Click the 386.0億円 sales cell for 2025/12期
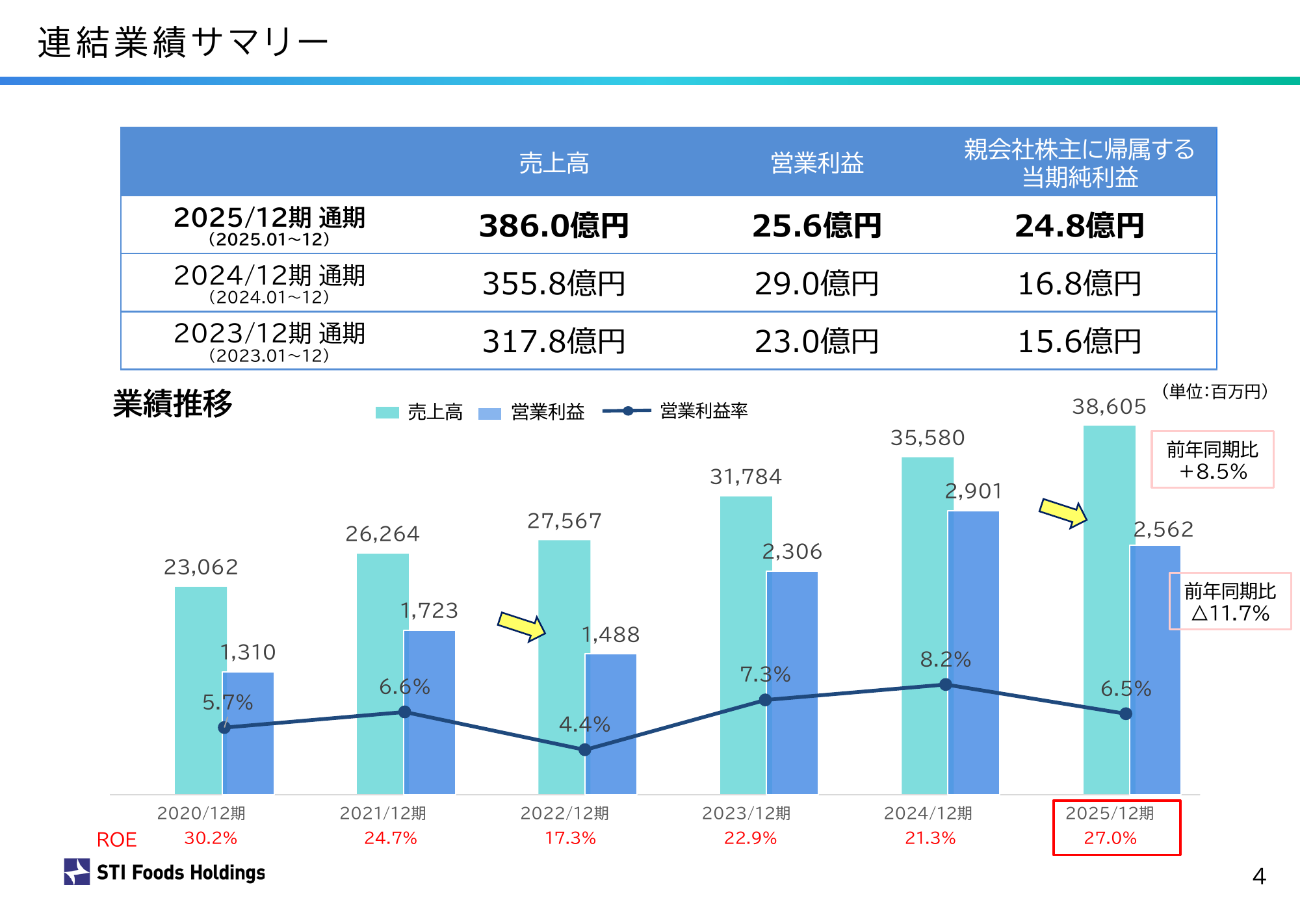pyautogui.click(x=554, y=225)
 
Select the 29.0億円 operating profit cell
pyautogui.click(x=816, y=283)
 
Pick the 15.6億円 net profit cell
pyautogui.click(x=1079, y=341)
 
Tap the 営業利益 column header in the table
pyautogui.click(x=817, y=162)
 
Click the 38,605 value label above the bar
pyautogui.click(x=1109, y=407)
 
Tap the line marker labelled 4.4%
pyautogui.click(x=585, y=750)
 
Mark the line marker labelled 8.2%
pyautogui.click(x=946, y=684)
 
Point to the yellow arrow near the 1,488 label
pyautogui.click(x=521, y=626)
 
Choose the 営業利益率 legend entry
pyautogui.click(x=676, y=411)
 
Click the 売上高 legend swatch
pyautogui.click(x=387, y=413)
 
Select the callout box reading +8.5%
pyautogui.click(x=1212, y=459)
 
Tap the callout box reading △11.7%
pyautogui.click(x=1230, y=601)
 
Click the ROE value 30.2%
pyautogui.click(x=211, y=838)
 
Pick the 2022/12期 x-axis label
pyautogui.click(x=564, y=813)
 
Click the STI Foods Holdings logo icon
pyautogui.click(x=77, y=871)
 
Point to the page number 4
pyautogui.click(x=1259, y=877)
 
